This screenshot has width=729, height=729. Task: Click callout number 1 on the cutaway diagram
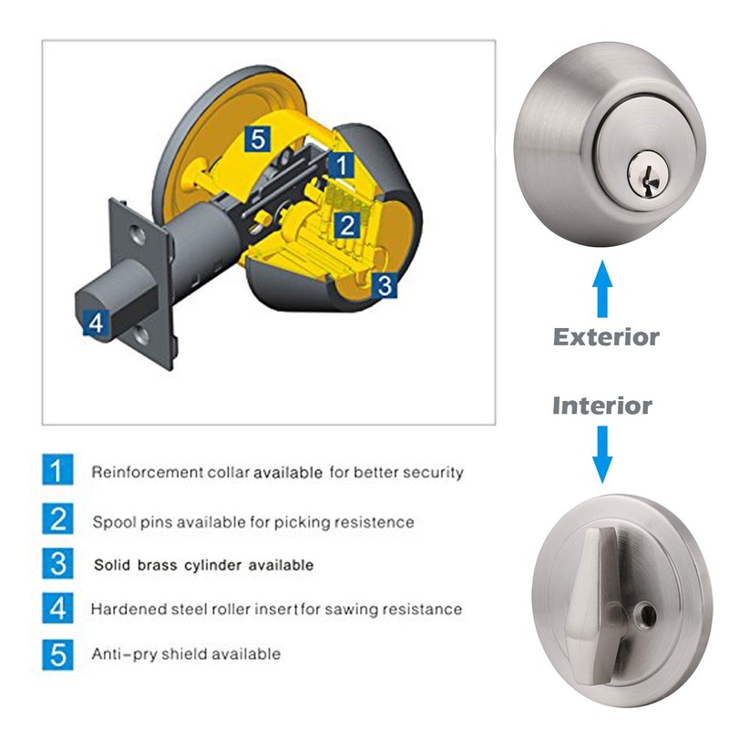(339, 165)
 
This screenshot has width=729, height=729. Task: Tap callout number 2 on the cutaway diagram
(346, 225)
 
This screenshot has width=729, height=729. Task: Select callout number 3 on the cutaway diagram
(385, 285)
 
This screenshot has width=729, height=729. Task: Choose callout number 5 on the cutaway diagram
(258, 139)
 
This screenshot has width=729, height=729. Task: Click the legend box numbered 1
(57, 472)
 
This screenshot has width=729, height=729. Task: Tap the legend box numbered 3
(57, 563)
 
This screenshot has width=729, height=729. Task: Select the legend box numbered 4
(57, 608)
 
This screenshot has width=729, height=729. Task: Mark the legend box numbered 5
(57, 652)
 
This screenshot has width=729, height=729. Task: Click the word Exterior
(606, 337)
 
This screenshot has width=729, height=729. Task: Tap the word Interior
(602, 405)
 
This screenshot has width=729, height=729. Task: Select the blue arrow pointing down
(602, 456)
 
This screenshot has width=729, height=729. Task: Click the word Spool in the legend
(111, 522)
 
